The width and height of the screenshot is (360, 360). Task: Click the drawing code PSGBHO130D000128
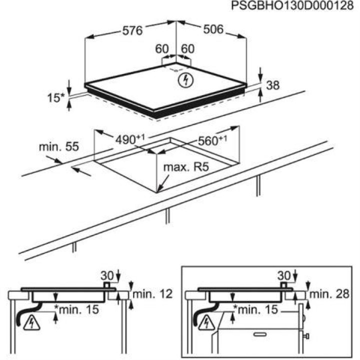click(292, 5)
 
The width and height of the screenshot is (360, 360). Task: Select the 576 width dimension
click(132, 30)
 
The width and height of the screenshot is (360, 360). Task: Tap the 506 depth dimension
click(213, 29)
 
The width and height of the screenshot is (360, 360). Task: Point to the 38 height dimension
click(273, 85)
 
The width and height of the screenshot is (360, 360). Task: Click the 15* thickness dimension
click(56, 98)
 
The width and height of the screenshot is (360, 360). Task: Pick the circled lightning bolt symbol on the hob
click(185, 80)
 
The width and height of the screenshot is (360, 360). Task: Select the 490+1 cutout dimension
click(130, 139)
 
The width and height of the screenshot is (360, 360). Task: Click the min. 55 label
click(59, 146)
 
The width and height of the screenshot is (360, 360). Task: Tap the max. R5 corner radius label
click(186, 167)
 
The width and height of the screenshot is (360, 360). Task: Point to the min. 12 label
click(152, 294)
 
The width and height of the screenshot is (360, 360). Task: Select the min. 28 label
click(329, 294)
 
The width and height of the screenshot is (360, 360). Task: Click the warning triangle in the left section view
click(31, 322)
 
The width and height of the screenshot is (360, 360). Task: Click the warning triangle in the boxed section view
click(206, 322)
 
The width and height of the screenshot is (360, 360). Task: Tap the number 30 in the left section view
click(107, 275)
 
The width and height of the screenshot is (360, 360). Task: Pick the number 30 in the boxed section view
click(284, 275)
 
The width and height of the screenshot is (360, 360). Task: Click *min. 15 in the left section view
click(76, 309)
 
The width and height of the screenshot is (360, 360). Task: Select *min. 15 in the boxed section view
click(255, 309)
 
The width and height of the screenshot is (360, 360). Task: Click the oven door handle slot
click(260, 334)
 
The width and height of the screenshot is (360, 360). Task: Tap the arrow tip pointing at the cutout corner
click(157, 191)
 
